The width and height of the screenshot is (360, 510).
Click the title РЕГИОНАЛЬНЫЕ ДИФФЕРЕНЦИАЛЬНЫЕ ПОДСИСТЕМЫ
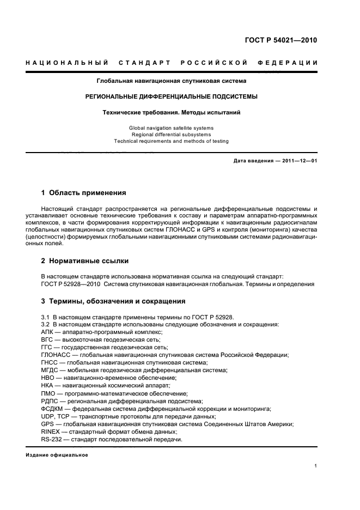(x=171, y=96)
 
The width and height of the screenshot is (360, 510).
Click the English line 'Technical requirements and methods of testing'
(x=171, y=141)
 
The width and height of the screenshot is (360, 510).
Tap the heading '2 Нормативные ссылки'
(x=85, y=261)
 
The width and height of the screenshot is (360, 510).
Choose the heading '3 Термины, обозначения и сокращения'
(x=113, y=301)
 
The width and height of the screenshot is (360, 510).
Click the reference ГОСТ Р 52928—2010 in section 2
(x=70, y=283)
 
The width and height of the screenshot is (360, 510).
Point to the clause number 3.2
(x=46, y=324)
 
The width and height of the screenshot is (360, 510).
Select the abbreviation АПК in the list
(x=48, y=332)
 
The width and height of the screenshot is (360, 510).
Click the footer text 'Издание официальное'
(x=57, y=455)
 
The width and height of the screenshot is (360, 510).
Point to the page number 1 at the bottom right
(x=316, y=466)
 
